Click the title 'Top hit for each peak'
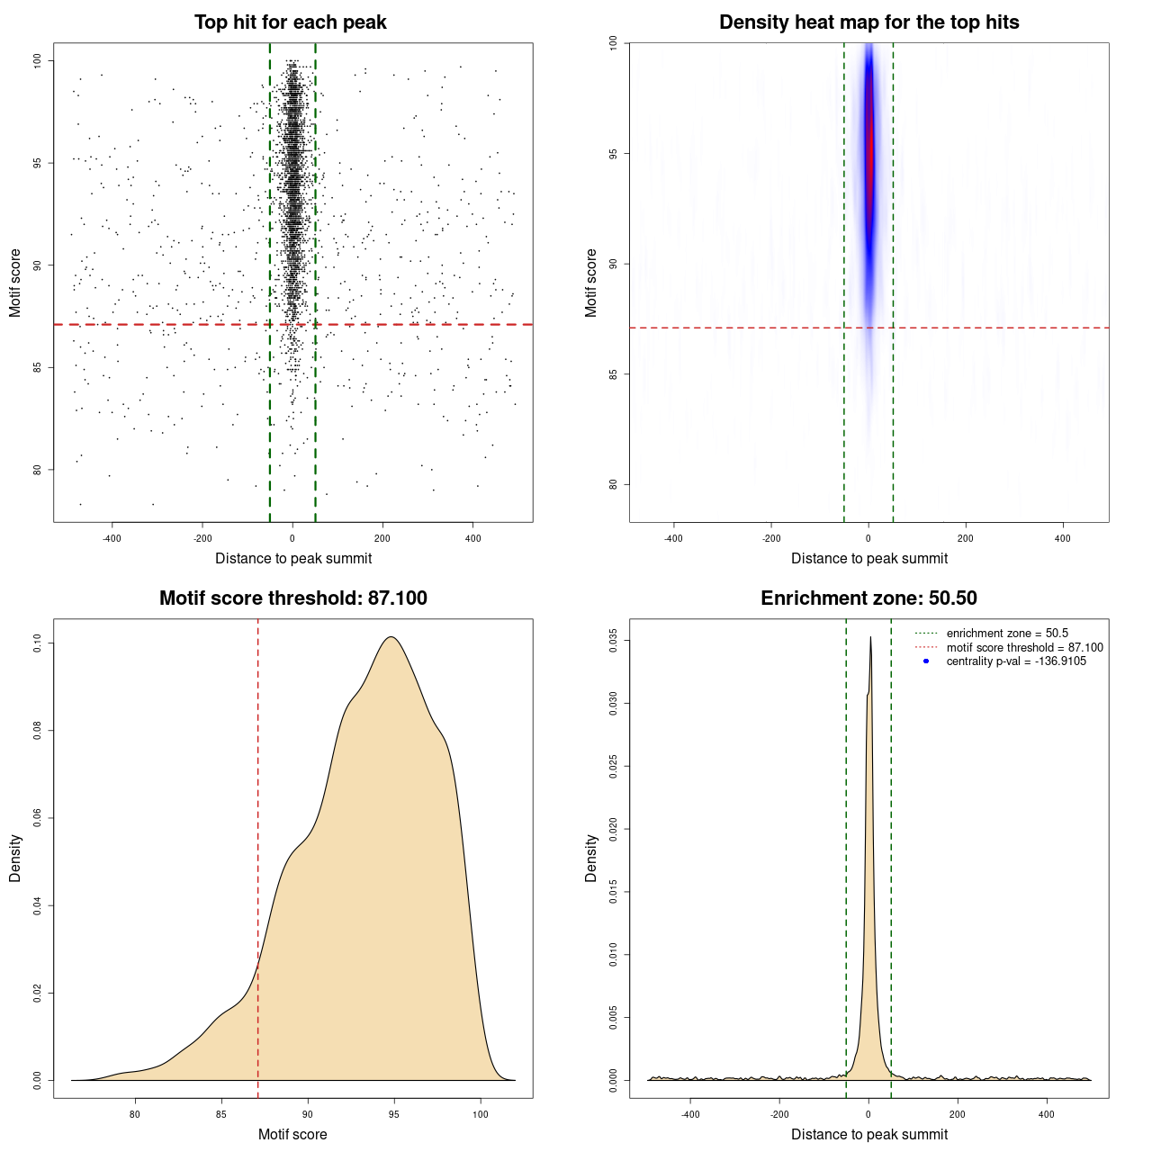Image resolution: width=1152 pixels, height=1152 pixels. [290, 22]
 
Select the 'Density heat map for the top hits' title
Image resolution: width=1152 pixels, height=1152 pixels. [868, 22]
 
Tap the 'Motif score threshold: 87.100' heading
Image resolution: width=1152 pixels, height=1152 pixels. [292, 598]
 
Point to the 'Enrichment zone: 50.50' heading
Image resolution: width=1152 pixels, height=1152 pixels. [868, 598]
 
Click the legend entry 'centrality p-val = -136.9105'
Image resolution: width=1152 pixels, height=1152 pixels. [1016, 661]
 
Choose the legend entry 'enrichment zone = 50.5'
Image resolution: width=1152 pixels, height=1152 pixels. [1007, 634]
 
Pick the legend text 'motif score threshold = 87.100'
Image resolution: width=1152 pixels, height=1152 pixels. [1024, 647]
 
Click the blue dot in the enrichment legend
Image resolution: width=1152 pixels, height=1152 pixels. [926, 661]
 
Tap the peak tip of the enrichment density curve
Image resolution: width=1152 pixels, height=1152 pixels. [870, 638]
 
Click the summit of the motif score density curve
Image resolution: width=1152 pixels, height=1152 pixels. [391, 637]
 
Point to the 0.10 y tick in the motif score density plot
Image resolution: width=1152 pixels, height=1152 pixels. [37, 643]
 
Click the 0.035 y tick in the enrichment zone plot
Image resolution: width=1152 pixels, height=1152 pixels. [613, 641]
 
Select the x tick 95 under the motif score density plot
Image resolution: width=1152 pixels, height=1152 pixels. [393, 1114]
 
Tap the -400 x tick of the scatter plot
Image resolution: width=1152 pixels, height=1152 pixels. [112, 538]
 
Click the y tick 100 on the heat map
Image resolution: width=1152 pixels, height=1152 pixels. [613, 42]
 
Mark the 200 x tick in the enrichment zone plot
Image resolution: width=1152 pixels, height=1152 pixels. [958, 1114]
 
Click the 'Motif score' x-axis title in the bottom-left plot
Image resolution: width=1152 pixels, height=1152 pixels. [292, 1134]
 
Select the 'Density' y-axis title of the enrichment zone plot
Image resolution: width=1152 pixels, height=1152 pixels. [591, 858]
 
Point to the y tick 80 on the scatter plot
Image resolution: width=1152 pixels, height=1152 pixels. [37, 469]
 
